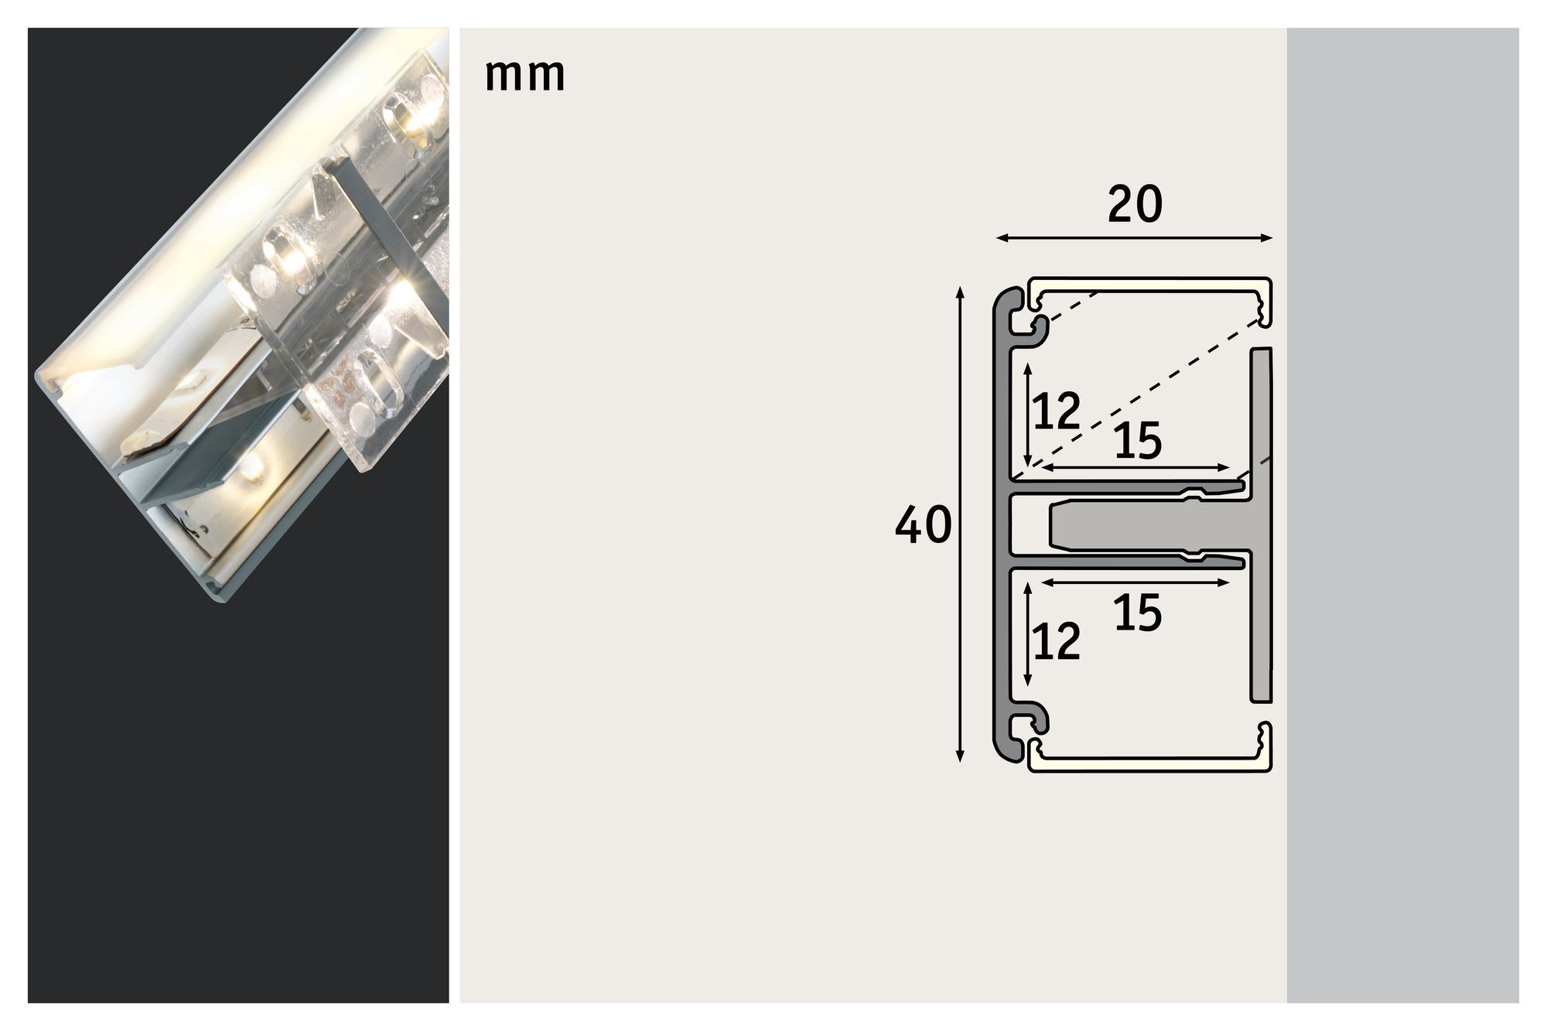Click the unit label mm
click(x=525, y=76)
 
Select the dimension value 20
click(x=1135, y=205)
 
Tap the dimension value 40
click(x=923, y=527)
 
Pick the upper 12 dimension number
click(x=1057, y=411)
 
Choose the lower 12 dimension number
click(x=1057, y=641)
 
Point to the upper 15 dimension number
click(x=1139, y=442)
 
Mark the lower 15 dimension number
click(x=1139, y=613)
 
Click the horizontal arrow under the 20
click(x=1134, y=238)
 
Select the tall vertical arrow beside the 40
click(x=961, y=525)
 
